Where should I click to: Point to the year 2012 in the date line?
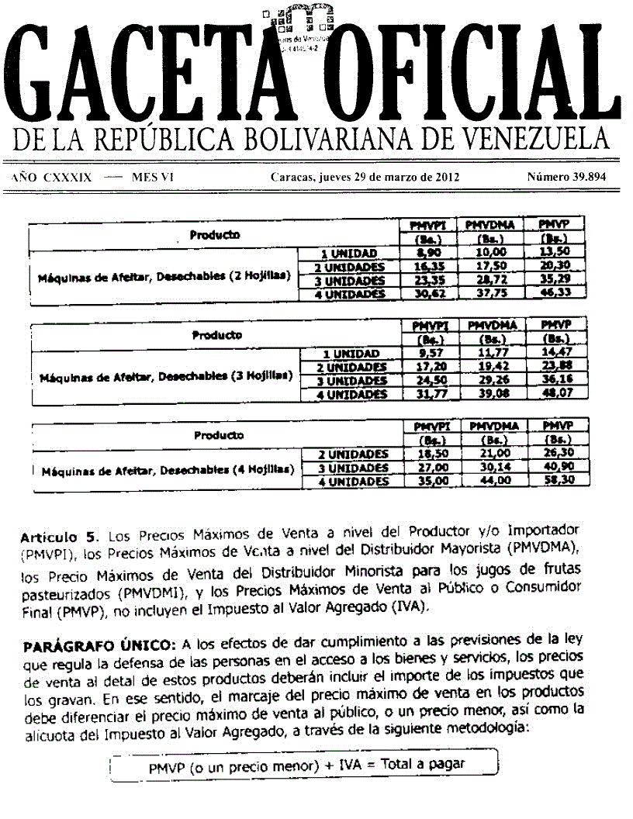pyautogui.click(x=444, y=177)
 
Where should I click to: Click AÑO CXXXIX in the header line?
pyautogui.click(x=53, y=177)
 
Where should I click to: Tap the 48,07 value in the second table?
pyautogui.click(x=555, y=394)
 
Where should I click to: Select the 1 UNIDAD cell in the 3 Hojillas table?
pyautogui.click(x=349, y=354)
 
